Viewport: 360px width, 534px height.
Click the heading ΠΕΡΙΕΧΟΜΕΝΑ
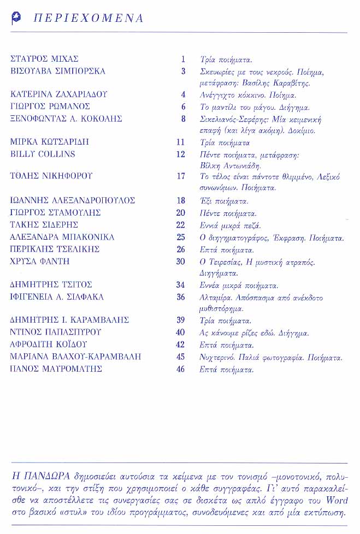[88, 19]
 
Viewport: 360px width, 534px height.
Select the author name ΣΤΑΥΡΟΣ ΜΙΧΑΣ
[45, 59]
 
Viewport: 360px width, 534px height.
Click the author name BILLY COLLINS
[43, 154]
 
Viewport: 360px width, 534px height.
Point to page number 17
[181, 176]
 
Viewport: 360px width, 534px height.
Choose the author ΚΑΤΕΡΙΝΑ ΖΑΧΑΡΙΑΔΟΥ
[59, 94]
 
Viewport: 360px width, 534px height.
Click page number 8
[184, 118]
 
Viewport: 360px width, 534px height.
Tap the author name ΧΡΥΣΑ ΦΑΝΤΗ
[40, 262]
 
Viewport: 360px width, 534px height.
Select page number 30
[181, 262]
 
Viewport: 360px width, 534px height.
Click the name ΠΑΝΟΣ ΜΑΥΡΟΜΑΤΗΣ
[56, 369]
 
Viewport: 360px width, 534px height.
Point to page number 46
[181, 369]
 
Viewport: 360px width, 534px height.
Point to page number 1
[184, 59]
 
